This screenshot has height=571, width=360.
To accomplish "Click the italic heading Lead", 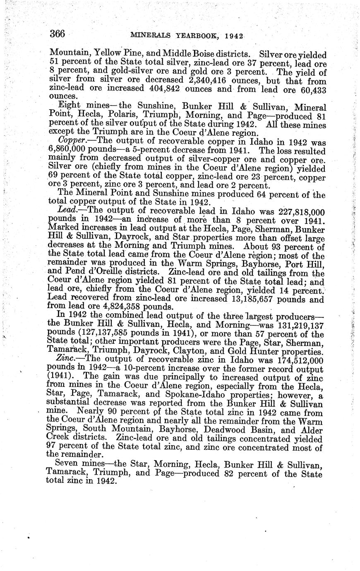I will (x=67, y=211).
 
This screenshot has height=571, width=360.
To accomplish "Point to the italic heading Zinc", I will (x=67, y=359).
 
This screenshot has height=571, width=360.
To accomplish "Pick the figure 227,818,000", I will (x=295, y=211).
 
